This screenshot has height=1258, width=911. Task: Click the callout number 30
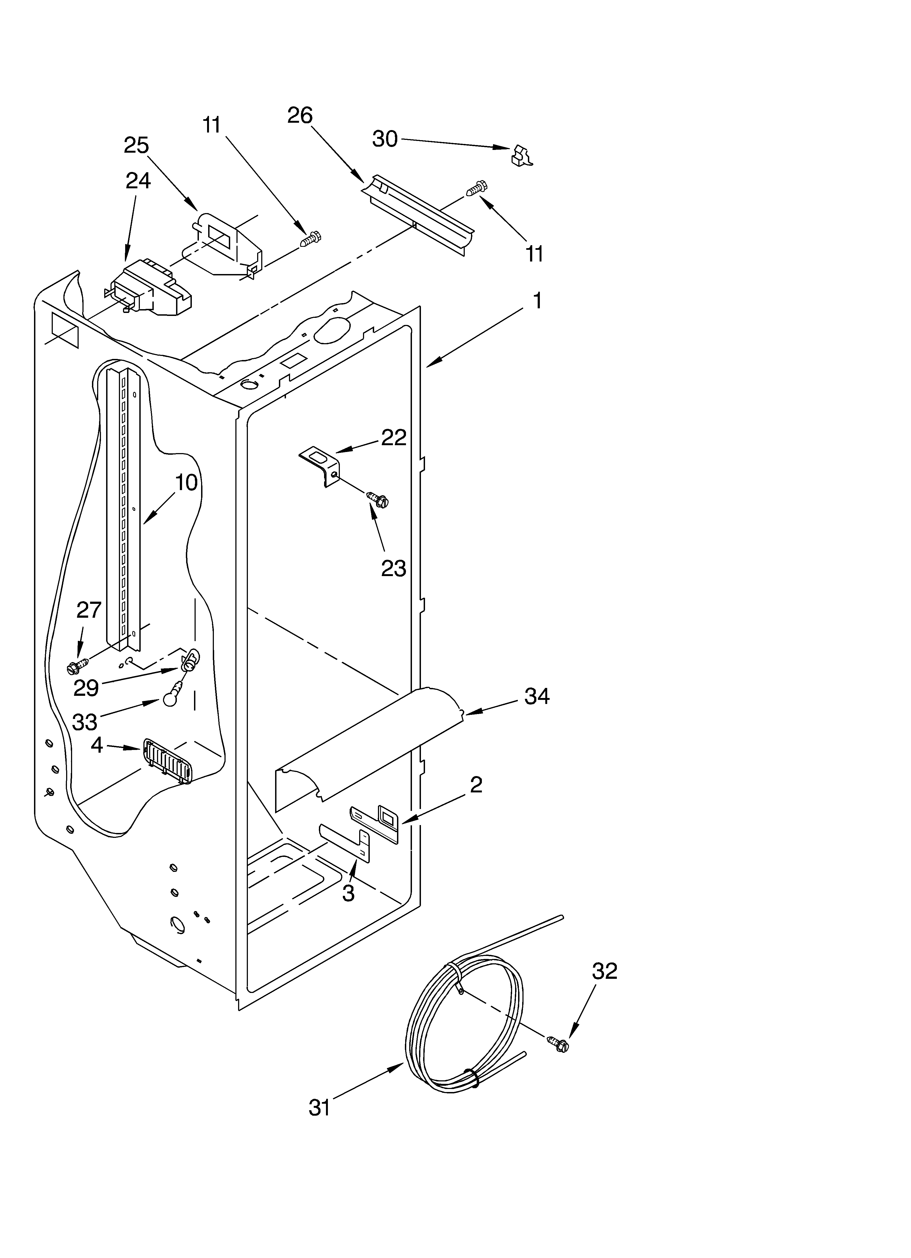coord(384,139)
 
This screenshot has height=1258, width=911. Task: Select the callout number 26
coord(300,115)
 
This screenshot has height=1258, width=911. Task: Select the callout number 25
coord(136,145)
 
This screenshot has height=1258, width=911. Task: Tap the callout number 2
coord(475,785)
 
